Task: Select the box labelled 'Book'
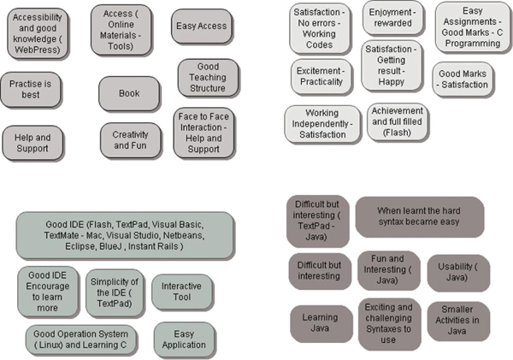click(x=129, y=93)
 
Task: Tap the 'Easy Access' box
click(x=202, y=27)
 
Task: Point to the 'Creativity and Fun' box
click(x=130, y=139)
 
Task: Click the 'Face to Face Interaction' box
click(x=203, y=132)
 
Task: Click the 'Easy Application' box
click(x=184, y=339)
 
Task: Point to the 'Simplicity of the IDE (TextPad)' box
click(x=115, y=290)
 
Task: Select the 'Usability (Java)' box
click(x=458, y=271)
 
